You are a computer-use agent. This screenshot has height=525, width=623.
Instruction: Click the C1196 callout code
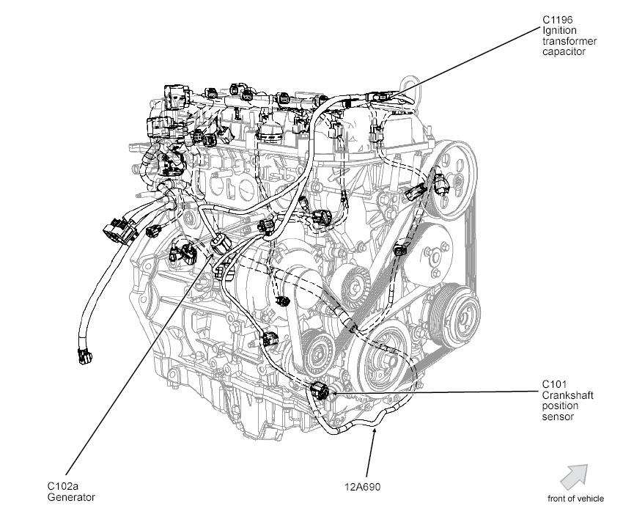[x=557, y=20]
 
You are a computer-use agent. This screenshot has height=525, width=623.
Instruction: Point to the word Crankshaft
[x=567, y=394]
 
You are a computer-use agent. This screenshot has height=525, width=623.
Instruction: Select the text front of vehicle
[x=575, y=499]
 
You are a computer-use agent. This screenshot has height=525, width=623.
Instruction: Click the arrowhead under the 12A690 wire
[x=375, y=433]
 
